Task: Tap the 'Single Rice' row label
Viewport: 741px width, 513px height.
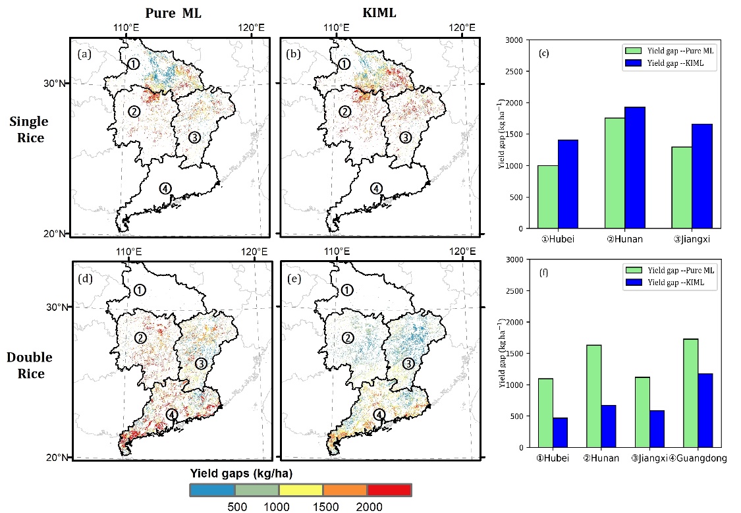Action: coord(29,130)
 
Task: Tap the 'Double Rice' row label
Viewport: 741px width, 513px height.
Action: coord(30,365)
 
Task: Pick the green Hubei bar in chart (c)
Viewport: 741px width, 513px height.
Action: coord(548,197)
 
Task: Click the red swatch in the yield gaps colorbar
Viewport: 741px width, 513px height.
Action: coord(389,490)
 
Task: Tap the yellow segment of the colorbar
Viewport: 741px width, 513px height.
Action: coord(301,490)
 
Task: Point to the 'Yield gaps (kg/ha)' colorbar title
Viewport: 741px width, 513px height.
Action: coord(241,473)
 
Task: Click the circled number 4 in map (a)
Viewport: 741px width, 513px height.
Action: coord(165,188)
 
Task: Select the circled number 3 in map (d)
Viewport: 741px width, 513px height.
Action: coord(201,364)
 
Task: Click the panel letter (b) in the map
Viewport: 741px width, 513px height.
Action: coord(293,55)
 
